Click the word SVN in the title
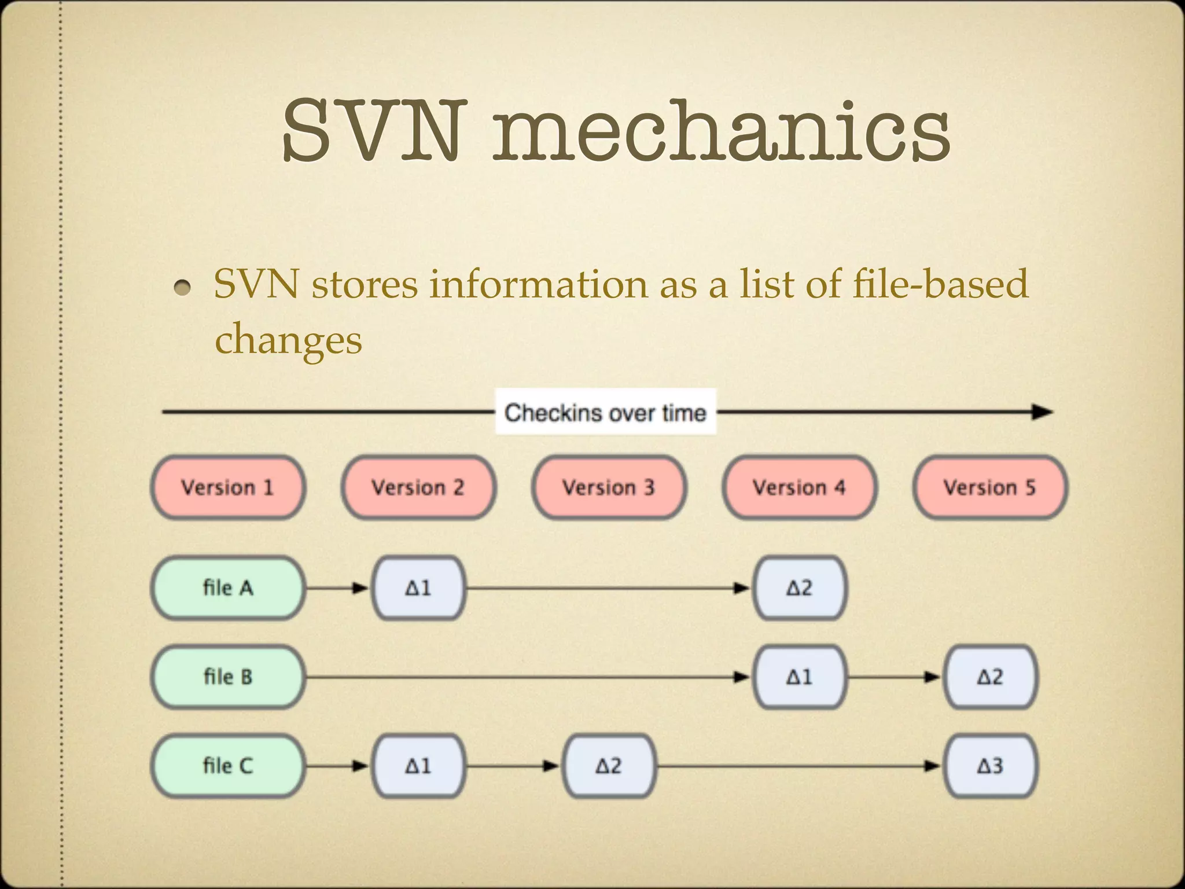(373, 130)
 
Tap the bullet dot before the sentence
(182, 287)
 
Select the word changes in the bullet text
(288, 340)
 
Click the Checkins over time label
(605, 413)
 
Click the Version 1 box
(227, 487)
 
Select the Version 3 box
(609, 487)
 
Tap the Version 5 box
(989, 487)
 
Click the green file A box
(227, 588)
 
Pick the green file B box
(227, 677)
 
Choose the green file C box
(227, 766)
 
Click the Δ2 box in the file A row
(799, 588)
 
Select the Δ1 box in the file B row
(799, 677)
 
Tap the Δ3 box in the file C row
(989, 766)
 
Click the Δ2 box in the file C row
(609, 766)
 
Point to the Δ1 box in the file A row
(418, 588)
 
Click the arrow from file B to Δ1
(527, 677)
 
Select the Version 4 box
(799, 487)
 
